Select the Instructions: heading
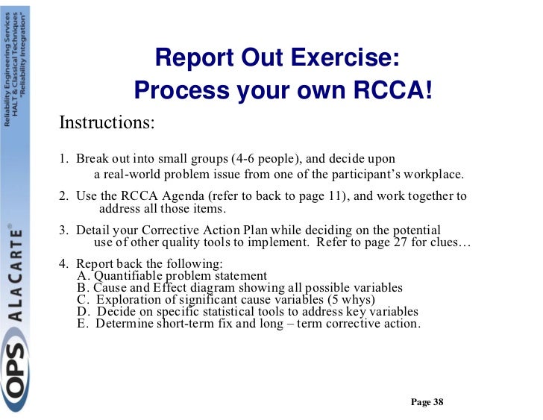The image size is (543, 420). click(107, 122)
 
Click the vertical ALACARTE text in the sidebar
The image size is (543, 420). click(15, 275)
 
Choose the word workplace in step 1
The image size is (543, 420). click(431, 175)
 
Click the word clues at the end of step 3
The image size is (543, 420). click(448, 242)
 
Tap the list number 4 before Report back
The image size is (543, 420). click(63, 263)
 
